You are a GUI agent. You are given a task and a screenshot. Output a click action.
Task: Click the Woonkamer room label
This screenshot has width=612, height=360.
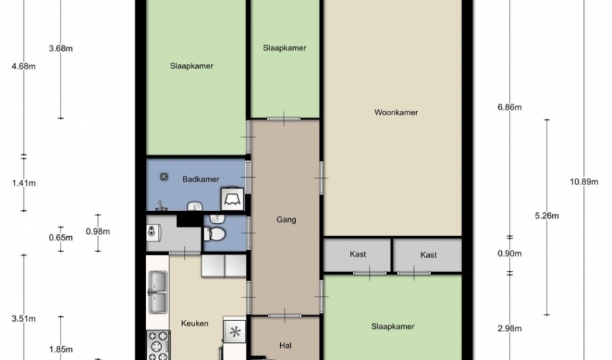[396, 112]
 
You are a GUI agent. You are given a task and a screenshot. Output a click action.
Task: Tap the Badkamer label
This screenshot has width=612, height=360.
[201, 179]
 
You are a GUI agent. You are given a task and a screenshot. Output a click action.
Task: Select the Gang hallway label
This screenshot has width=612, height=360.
[286, 220]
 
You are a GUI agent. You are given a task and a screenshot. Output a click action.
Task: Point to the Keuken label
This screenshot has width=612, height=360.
[195, 323]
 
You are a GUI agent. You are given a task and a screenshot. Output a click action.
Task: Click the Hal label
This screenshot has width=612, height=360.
[285, 345]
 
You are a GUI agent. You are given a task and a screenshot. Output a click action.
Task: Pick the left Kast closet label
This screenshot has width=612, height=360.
[358, 254]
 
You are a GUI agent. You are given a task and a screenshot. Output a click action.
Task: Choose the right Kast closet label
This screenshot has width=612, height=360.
[428, 255]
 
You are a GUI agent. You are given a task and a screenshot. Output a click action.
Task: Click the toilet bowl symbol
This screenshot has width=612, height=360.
[215, 234]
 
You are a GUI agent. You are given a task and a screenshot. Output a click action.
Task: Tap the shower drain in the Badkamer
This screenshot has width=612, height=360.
[164, 177]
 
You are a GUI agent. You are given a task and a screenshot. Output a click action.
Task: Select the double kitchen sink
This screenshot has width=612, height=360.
[158, 292]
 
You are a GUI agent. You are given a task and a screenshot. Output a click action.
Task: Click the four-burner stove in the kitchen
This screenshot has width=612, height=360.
[158, 346]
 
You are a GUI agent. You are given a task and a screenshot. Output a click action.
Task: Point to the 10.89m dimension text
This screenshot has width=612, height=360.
[584, 181]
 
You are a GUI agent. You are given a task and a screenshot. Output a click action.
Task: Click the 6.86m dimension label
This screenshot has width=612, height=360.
[509, 107]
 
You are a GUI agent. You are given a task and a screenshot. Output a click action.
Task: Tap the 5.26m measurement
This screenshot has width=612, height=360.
[546, 215]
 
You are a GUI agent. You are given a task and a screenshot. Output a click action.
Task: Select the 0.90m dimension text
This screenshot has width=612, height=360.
[509, 253]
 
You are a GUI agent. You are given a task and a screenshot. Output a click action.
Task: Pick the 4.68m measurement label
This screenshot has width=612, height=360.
[24, 66]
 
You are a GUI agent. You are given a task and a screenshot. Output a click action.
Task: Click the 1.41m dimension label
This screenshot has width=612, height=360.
[24, 183]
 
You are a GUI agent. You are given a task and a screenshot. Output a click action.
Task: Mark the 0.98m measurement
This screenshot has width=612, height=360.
[98, 232]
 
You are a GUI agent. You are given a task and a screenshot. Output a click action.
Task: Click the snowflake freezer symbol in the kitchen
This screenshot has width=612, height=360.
[235, 332]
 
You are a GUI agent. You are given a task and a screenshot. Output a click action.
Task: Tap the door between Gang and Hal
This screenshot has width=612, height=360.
[285, 315]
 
